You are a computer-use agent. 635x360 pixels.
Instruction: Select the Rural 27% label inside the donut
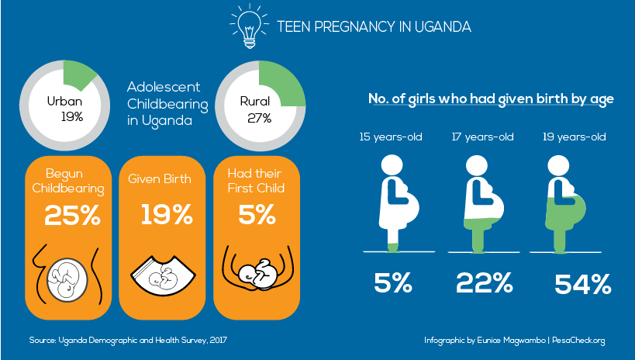pos(255,109)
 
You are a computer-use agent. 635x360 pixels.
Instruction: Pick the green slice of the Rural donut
pos(278,81)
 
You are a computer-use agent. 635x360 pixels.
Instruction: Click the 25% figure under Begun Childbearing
pos(72,215)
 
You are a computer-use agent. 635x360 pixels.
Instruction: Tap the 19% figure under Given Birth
pos(166,215)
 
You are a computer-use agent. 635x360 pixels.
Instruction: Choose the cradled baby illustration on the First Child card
pos(257,272)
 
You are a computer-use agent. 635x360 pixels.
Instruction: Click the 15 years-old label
pos(391,137)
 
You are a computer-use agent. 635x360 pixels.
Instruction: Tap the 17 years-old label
pos(483,137)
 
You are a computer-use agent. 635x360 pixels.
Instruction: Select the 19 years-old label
pos(575,137)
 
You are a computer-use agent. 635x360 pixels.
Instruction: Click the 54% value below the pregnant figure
pos(582,285)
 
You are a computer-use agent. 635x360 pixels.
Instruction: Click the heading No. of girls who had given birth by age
pos(491,99)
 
